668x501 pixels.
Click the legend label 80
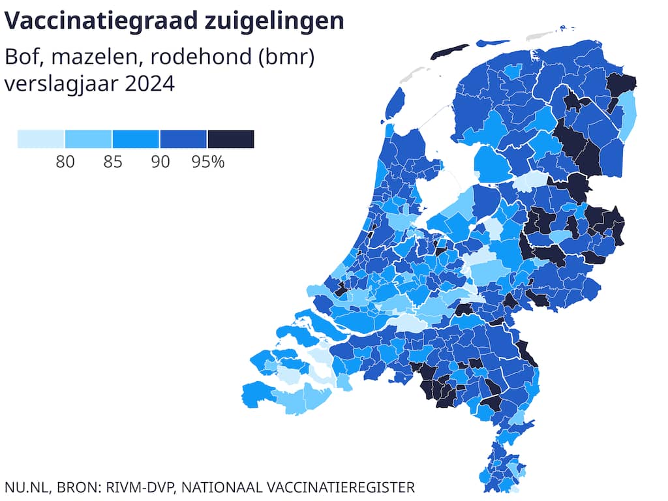(x=65, y=162)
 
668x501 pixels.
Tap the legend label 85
(x=112, y=162)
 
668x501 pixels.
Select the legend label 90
(x=160, y=162)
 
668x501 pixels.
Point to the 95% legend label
(x=208, y=162)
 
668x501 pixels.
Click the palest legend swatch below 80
(x=40, y=139)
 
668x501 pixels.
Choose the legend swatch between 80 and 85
(x=88, y=139)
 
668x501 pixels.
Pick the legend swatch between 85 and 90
(x=136, y=139)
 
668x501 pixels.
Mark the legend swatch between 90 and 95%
(x=183, y=139)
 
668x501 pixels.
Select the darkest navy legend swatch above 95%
(x=231, y=139)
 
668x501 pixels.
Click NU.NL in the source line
(x=27, y=487)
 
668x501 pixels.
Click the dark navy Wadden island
(x=449, y=52)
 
